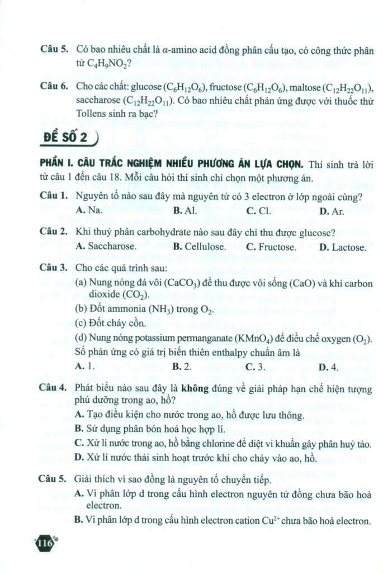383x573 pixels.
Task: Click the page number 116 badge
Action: pos(44,543)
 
